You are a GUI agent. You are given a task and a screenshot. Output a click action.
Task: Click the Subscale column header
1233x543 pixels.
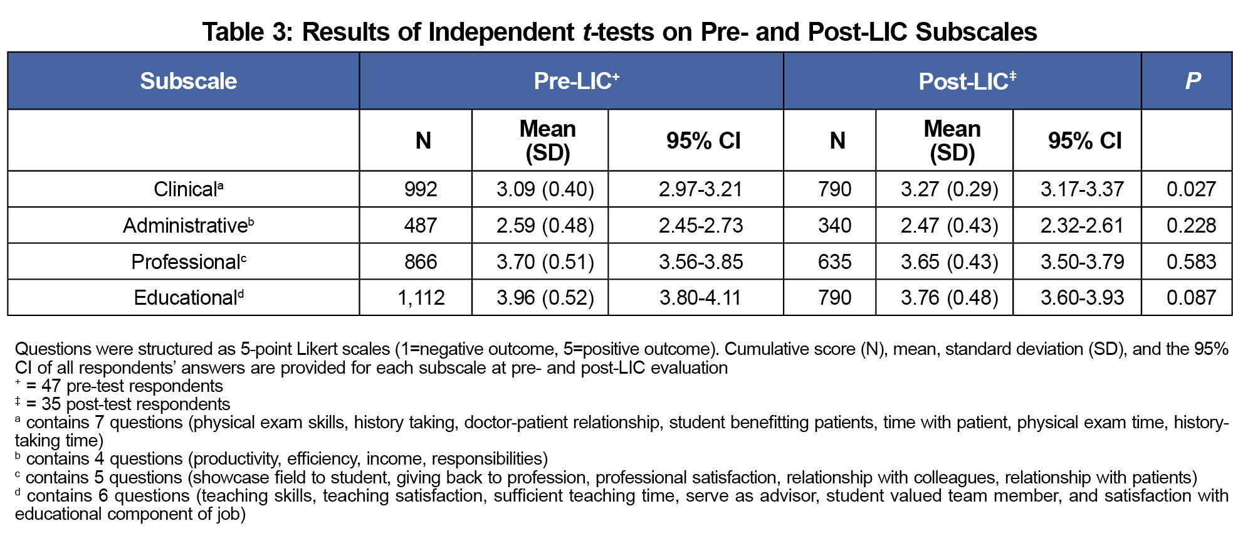coord(188,81)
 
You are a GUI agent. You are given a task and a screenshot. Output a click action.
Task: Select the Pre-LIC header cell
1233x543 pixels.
coord(576,81)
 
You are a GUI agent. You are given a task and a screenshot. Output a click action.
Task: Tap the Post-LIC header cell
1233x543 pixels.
coord(967,81)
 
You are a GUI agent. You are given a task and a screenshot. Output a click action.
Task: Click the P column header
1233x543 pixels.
coord(1192,81)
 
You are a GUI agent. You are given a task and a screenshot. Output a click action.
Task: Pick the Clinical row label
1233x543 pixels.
coord(188,189)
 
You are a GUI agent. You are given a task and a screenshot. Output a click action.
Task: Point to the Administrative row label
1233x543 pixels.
coord(188,225)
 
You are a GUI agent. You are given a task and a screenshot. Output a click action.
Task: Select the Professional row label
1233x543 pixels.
coord(188,261)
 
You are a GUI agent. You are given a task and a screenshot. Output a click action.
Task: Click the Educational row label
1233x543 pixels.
coord(188,297)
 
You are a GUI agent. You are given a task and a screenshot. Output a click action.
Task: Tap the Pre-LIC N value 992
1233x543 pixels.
coord(421,189)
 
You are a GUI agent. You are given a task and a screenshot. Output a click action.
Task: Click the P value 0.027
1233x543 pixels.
coord(1191,189)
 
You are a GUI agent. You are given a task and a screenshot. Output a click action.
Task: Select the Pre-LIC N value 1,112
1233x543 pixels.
coord(421,297)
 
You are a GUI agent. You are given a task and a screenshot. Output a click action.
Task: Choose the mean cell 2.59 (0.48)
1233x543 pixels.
coord(545,225)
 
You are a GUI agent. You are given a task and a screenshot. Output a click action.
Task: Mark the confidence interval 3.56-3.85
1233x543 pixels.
coord(701,261)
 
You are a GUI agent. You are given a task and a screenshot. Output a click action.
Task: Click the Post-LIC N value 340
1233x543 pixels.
coord(834,225)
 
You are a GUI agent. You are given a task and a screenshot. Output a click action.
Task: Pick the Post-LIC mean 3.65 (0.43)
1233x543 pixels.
coord(949,261)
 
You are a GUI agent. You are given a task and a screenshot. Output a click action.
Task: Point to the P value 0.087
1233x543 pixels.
coord(1191,297)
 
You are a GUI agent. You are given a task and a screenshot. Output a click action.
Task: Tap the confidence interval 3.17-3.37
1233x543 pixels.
coord(1083,189)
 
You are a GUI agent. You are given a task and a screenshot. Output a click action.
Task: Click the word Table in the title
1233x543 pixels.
coord(232,32)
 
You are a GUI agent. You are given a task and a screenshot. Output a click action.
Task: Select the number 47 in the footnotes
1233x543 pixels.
coord(51,386)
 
